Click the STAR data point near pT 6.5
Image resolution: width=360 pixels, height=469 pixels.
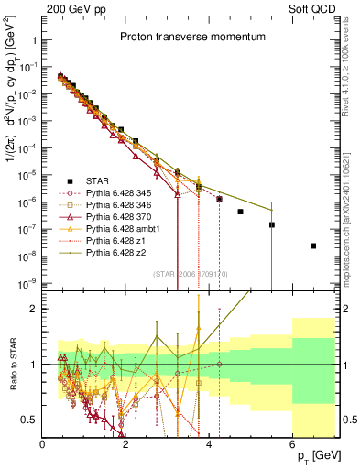pos(313,245)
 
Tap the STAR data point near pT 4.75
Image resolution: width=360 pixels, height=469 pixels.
pos(240,212)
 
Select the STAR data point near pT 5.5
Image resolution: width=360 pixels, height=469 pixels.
pos(271,224)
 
